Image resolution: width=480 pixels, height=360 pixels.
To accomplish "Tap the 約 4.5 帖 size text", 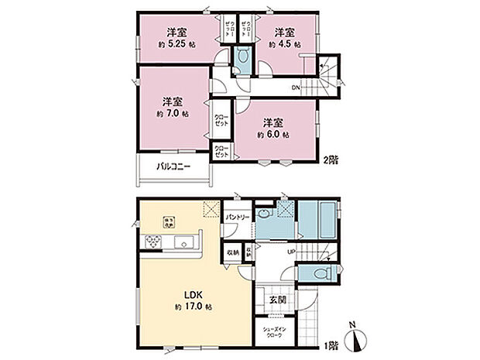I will click(x=285, y=46).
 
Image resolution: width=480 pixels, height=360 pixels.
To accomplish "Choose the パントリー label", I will click(x=237, y=218).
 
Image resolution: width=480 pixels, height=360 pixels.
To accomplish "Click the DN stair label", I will click(x=295, y=87).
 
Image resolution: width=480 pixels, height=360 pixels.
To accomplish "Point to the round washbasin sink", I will click(x=265, y=214).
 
